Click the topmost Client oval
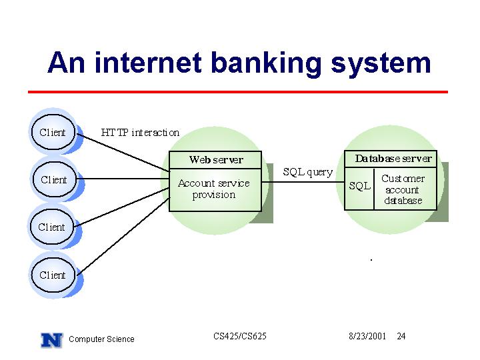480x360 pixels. point(53,132)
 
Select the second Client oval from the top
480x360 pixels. point(54,179)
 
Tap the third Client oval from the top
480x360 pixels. point(52,227)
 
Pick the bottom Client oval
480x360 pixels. point(53,275)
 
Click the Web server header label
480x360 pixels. point(216,159)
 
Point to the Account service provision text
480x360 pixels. point(214,189)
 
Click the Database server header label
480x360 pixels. point(393,159)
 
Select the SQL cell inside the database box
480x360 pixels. point(360,186)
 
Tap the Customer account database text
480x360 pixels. point(403,189)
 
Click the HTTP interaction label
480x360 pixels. point(140,133)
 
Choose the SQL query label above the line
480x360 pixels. point(307,172)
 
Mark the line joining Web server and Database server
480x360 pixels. point(303,182)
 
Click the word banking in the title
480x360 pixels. point(266,63)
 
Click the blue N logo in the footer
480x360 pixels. point(52,340)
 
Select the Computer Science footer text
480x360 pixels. point(101,339)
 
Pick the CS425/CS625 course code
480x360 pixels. point(240,336)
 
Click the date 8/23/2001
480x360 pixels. point(367,336)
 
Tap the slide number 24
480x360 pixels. point(401,336)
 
